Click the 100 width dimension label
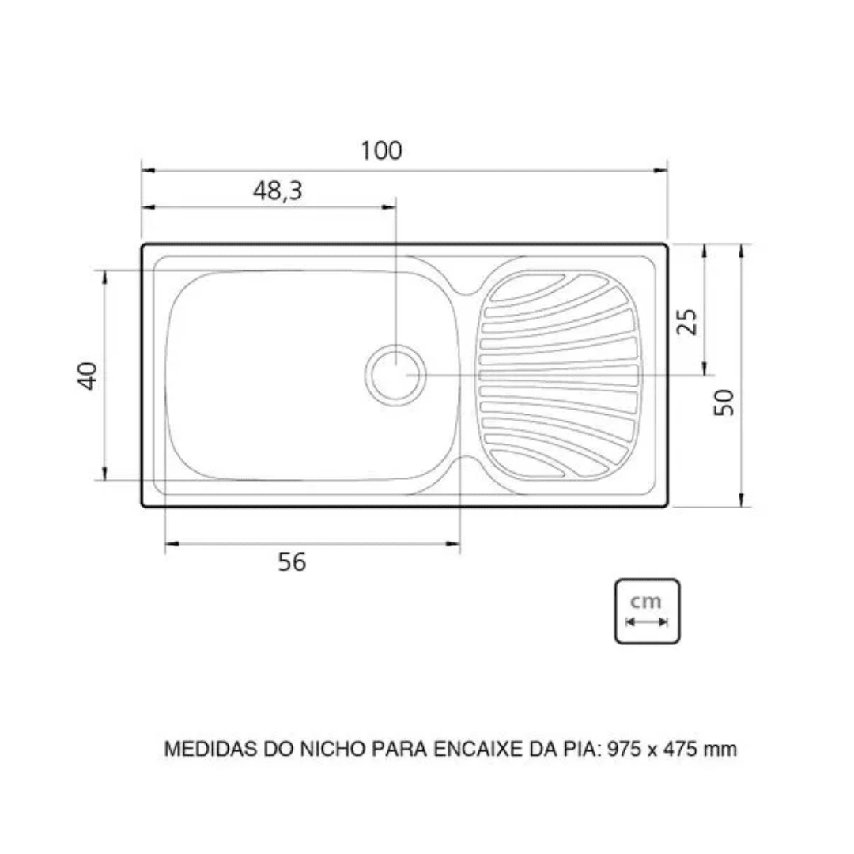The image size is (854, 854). point(382,150)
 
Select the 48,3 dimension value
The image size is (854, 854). point(278,191)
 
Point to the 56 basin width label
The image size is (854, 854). point(292,562)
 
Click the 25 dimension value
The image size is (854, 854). point(688,322)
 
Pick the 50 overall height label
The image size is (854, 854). point(724,402)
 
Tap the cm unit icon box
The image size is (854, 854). point(647,610)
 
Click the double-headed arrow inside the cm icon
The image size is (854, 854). point(647,622)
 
